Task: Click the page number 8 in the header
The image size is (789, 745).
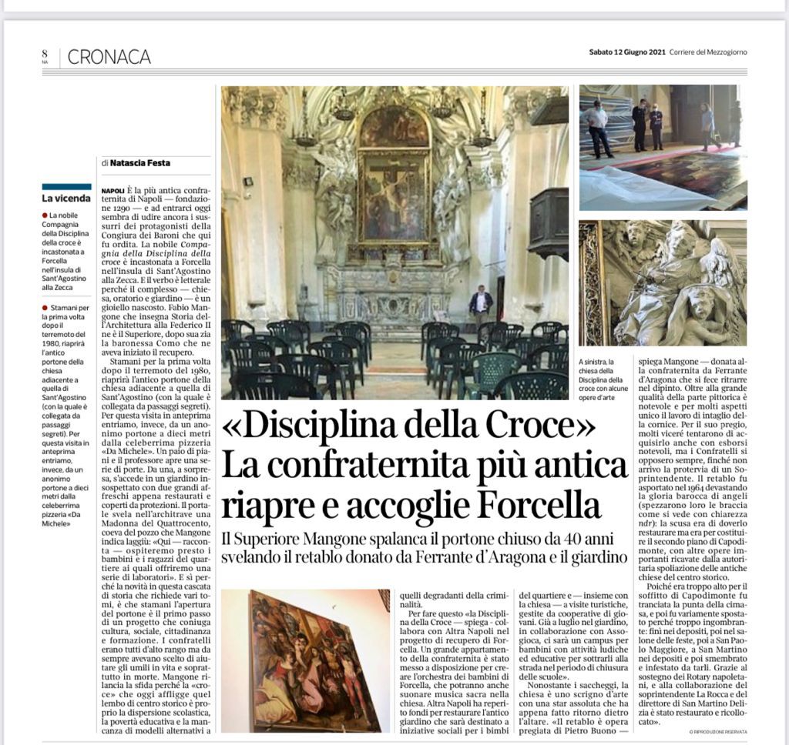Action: (45, 53)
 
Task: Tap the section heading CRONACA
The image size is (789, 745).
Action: (109, 57)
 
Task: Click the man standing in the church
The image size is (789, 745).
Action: (481, 309)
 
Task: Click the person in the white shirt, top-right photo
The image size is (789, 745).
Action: (597, 128)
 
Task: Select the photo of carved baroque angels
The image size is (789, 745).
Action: (663, 282)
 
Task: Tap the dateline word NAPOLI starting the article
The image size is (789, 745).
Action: (112, 188)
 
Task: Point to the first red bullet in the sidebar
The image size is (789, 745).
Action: (45, 213)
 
